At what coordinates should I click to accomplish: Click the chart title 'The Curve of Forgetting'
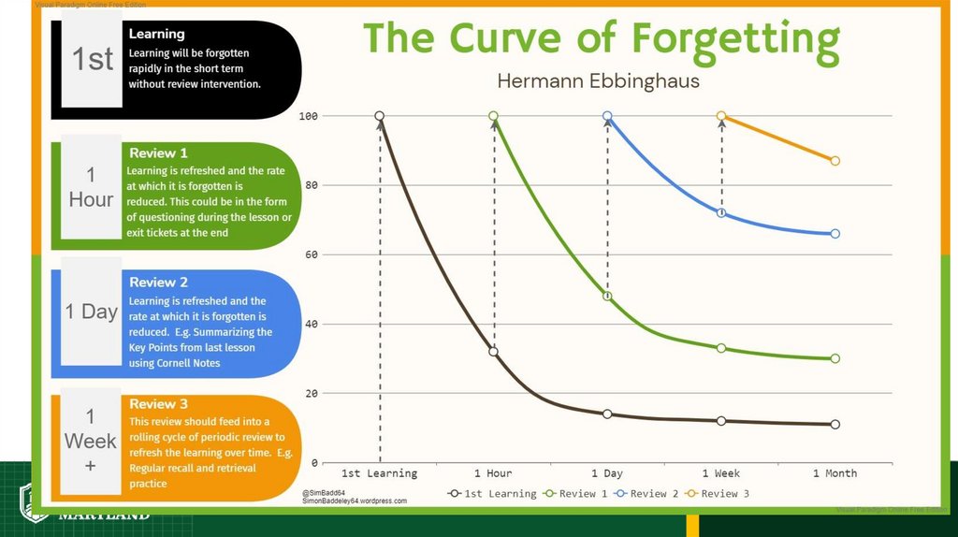(601, 39)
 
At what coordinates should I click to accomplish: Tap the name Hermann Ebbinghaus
(598, 81)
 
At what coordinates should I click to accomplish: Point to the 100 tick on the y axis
(309, 116)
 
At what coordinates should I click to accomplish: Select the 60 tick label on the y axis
(312, 254)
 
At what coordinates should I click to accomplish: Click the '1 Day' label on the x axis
(607, 473)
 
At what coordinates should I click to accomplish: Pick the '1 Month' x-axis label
(835, 473)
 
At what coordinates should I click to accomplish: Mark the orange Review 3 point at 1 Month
(835, 161)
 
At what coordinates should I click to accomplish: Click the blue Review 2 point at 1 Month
(835, 234)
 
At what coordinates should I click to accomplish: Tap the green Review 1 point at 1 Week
(721, 348)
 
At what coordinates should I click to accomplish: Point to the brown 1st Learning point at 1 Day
(607, 414)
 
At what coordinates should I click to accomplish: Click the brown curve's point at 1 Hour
(493, 352)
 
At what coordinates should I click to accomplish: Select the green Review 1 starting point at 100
(493, 116)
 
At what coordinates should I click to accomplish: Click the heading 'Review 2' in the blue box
(158, 283)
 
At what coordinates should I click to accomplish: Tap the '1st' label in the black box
(93, 60)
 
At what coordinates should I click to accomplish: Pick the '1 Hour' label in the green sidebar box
(91, 187)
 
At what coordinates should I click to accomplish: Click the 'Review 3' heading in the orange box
(158, 404)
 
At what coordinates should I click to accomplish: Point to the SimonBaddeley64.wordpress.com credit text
(355, 501)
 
